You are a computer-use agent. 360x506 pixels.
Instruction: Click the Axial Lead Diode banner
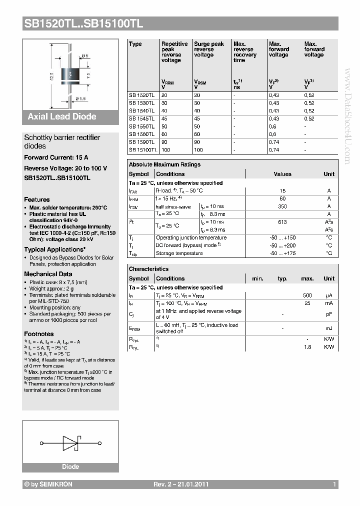pyautogui.click(x=62, y=116)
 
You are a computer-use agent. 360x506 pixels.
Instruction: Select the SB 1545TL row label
pyautogui.click(x=141, y=118)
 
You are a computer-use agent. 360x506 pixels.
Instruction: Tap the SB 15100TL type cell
pyautogui.click(x=143, y=149)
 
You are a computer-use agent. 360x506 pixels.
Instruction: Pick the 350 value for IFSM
pyautogui.click(x=282, y=206)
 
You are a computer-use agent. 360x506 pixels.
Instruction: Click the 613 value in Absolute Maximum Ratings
pyautogui.click(x=282, y=222)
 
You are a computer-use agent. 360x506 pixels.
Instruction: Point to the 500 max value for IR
pyautogui.click(x=307, y=295)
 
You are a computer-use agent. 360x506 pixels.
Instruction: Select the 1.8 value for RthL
pyautogui.click(x=308, y=346)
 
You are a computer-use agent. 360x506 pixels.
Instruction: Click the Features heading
pyautogui.click(x=37, y=199)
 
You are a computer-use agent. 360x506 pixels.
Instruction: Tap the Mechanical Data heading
pyautogui.click(x=48, y=274)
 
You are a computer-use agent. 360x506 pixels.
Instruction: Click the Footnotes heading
pyautogui.click(x=39, y=333)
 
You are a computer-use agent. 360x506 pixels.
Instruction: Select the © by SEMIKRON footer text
pyautogui.click(x=48, y=484)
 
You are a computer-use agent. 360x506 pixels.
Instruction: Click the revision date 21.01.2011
pyautogui.click(x=193, y=484)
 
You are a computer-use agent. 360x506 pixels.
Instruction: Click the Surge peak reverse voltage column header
pyautogui.click(x=208, y=49)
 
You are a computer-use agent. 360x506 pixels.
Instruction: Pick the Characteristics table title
pyautogui.click(x=148, y=269)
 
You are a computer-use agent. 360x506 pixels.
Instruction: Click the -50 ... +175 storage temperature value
pyautogui.click(x=282, y=253)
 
